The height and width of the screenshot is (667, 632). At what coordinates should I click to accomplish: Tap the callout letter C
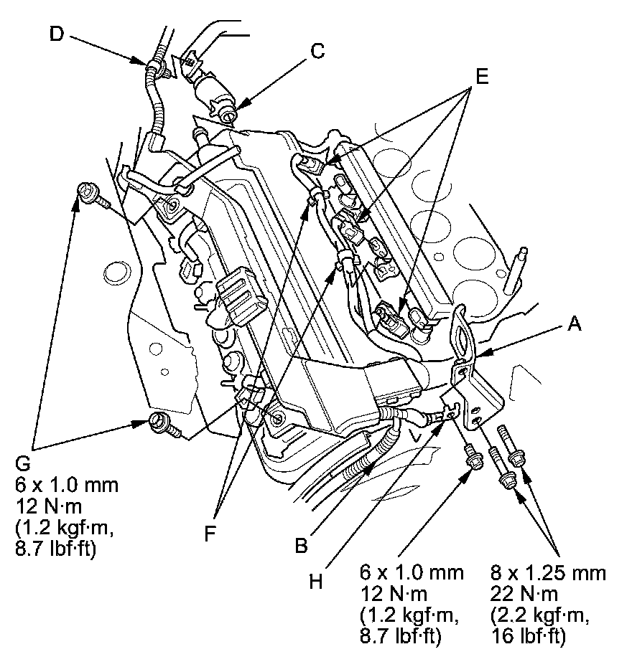(317, 52)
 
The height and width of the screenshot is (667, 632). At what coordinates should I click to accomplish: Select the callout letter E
(480, 77)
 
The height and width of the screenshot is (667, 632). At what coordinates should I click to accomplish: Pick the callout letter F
(210, 534)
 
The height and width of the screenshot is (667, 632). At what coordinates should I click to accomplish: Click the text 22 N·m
(521, 595)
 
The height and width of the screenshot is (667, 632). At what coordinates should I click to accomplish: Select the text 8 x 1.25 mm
(549, 574)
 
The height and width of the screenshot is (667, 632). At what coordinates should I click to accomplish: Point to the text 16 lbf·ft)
(530, 637)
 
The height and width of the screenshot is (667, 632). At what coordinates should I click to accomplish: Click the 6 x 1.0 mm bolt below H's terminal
(471, 457)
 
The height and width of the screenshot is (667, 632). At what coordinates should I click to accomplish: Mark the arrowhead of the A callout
(479, 353)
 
